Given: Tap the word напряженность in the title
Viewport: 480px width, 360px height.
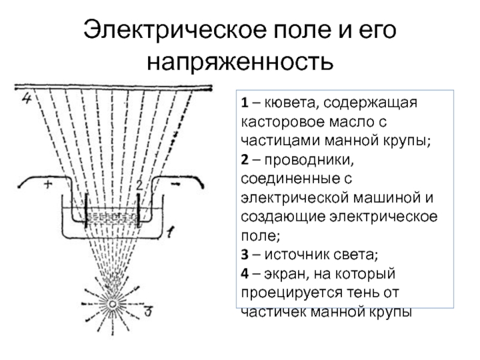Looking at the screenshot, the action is [239, 62].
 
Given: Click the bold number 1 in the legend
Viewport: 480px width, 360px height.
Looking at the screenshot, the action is [245, 104].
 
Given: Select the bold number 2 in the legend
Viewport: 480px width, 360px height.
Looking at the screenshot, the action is [245, 161].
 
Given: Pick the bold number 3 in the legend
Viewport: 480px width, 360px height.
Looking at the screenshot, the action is [245, 256].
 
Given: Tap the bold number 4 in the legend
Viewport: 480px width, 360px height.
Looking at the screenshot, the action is [245, 274].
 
